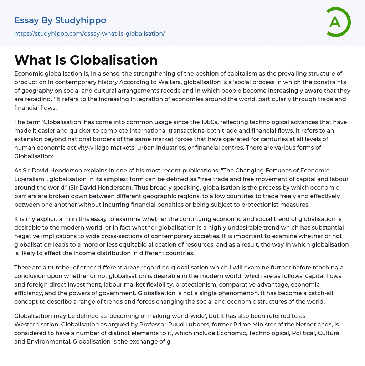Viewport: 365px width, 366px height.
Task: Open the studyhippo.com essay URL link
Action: (89, 33)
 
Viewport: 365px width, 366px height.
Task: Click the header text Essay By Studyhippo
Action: (60, 20)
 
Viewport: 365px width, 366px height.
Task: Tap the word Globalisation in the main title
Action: (114, 60)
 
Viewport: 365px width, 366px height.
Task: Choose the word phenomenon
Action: (251, 293)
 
